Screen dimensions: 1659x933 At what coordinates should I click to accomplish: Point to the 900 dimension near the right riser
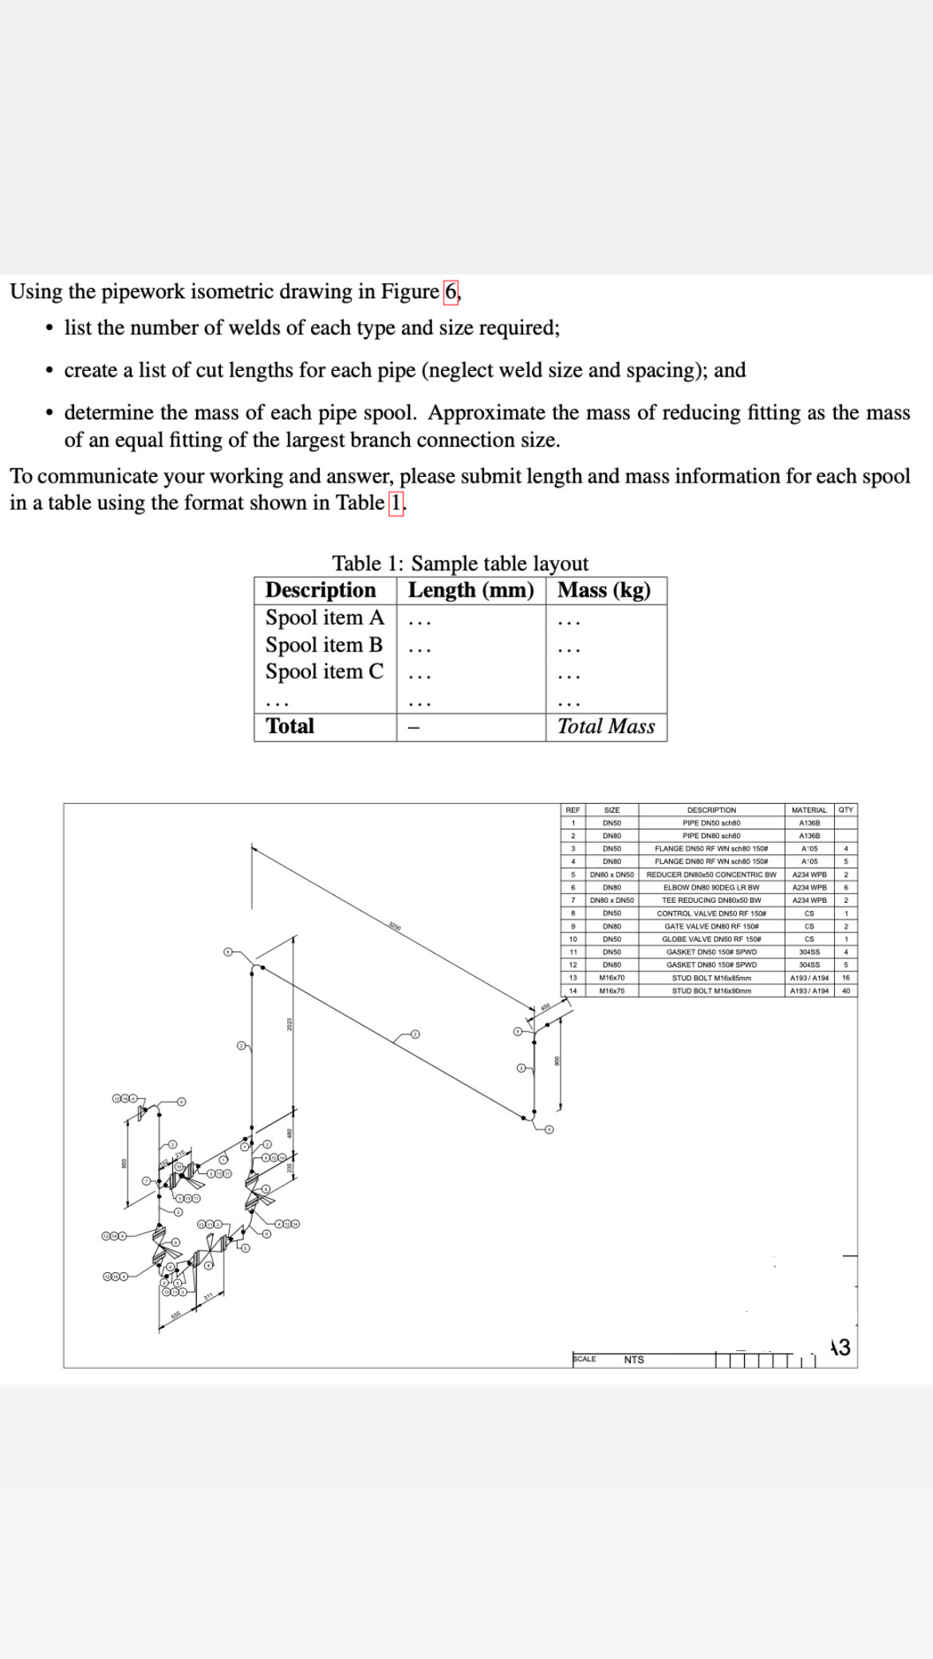pos(557,1060)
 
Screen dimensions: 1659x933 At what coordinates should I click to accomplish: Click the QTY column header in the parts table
pos(845,810)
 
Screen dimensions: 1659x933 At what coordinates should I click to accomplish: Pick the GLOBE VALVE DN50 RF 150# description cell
pos(711,939)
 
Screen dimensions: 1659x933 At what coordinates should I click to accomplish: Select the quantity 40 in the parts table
pos(845,991)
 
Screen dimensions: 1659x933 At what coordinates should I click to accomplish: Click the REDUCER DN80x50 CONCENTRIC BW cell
pos(711,874)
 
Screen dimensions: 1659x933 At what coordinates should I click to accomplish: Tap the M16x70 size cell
pos(612,977)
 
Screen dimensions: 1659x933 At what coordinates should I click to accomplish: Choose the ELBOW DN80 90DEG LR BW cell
pos(711,887)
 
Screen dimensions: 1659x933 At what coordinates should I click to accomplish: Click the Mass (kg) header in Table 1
pos(604,590)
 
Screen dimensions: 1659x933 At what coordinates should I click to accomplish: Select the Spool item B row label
pos(324,644)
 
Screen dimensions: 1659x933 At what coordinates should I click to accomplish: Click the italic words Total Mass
pos(605,726)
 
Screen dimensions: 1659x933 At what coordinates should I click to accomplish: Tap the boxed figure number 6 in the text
pos(451,291)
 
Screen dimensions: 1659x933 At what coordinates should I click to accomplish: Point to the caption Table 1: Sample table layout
pos(460,563)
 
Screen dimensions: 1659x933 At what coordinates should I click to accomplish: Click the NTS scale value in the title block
pos(634,1359)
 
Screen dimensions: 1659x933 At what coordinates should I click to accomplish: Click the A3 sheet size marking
pos(840,1347)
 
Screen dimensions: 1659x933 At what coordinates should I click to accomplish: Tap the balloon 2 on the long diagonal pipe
pos(415,1034)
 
